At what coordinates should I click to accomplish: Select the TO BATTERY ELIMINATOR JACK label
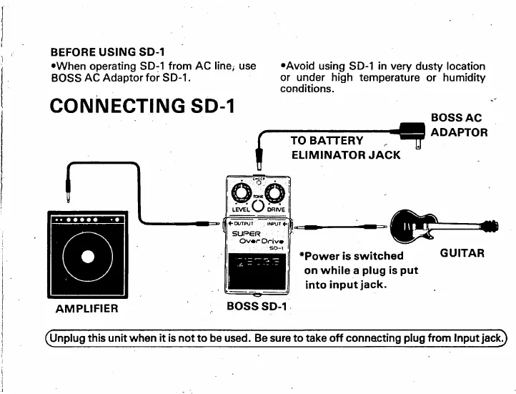[x=345, y=146]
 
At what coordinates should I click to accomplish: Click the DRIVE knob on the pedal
[x=274, y=191]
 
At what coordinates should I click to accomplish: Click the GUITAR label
[x=462, y=253]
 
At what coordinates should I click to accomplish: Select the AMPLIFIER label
[x=86, y=309]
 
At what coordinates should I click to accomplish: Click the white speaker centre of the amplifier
[x=86, y=256]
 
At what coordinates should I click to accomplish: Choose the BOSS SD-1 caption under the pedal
[x=256, y=307]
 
